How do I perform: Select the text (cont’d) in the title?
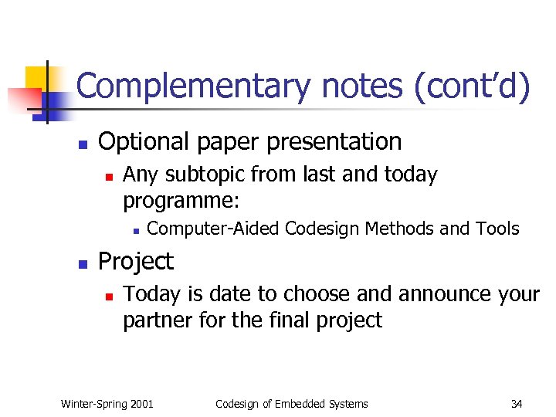[473, 86]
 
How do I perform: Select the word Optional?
[144, 142]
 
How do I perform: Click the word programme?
[181, 202]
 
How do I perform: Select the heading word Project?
[136, 262]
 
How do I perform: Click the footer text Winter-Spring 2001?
[107, 403]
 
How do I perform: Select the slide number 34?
[517, 403]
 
